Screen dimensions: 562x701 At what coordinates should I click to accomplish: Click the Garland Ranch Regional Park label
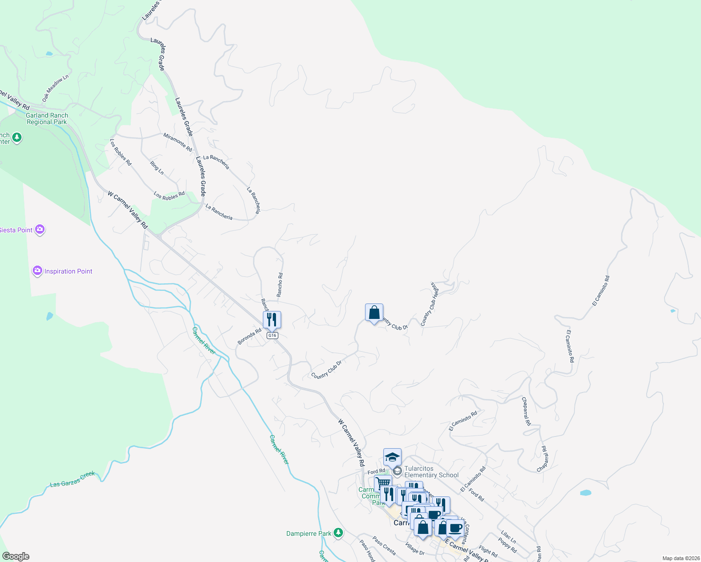pyautogui.click(x=47, y=118)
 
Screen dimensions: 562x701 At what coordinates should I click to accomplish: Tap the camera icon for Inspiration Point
pyautogui.click(x=37, y=271)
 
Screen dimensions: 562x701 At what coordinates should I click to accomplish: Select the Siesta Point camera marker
pyautogui.click(x=40, y=229)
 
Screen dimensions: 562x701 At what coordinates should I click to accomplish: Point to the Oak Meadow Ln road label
pyautogui.click(x=55, y=88)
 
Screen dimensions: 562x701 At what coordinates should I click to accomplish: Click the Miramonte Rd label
pyautogui.click(x=178, y=142)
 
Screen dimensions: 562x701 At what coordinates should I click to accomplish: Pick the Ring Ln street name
pyautogui.click(x=157, y=168)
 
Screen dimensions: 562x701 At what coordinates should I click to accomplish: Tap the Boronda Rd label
pyautogui.click(x=249, y=336)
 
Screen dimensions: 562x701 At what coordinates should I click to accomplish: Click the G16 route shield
pyautogui.click(x=272, y=335)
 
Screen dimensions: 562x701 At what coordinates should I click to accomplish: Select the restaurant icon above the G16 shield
pyautogui.click(x=272, y=320)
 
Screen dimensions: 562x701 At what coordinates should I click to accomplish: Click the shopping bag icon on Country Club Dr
pyautogui.click(x=374, y=312)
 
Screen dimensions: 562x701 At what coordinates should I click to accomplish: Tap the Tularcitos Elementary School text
pyautogui.click(x=431, y=472)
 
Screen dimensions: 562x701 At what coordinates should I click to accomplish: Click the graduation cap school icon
pyautogui.click(x=392, y=457)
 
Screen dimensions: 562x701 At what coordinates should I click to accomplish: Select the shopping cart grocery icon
pyautogui.click(x=383, y=482)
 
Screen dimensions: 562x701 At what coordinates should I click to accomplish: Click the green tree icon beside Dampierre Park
pyautogui.click(x=338, y=533)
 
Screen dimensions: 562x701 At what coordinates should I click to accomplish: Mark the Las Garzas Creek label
pyautogui.click(x=73, y=479)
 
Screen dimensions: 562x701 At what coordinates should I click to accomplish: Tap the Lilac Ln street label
pyautogui.click(x=508, y=537)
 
